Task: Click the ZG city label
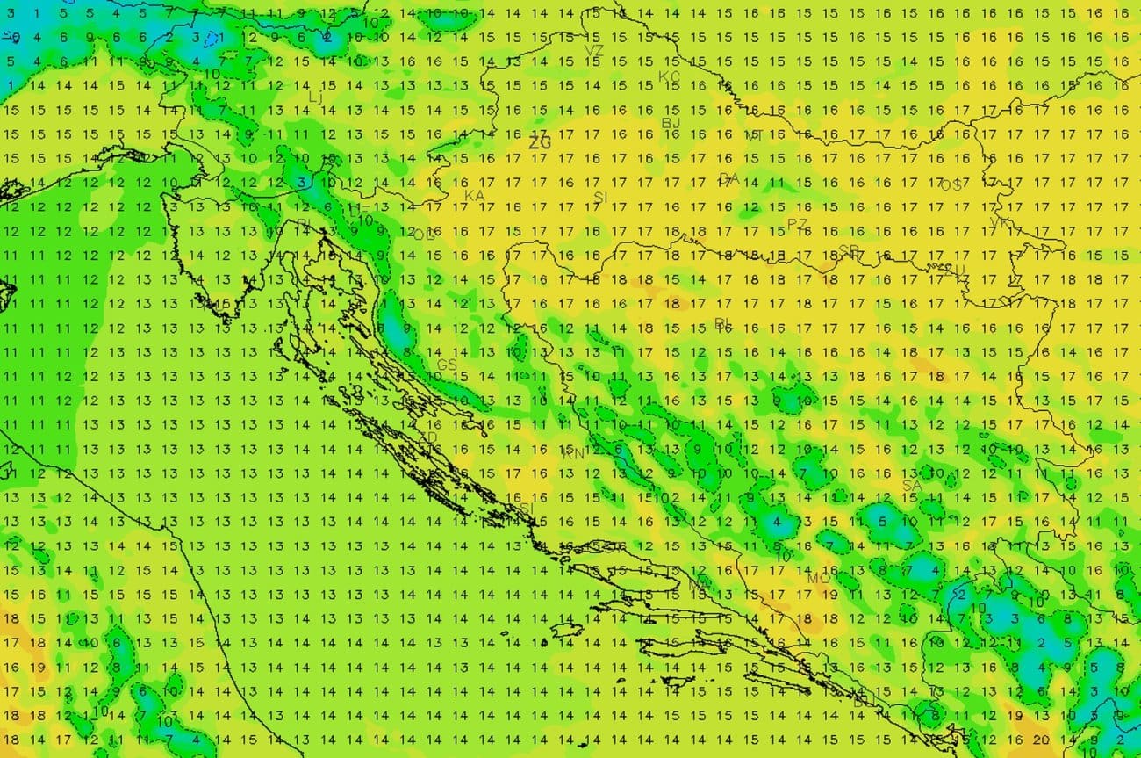pyautogui.click(x=540, y=141)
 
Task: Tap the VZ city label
pyautogui.click(x=594, y=51)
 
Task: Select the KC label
pyautogui.click(x=670, y=76)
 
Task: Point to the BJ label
pyautogui.click(x=671, y=123)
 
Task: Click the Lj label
pyautogui.click(x=315, y=97)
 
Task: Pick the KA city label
pyautogui.click(x=474, y=195)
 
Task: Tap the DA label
pyautogui.click(x=728, y=179)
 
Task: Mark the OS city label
pyautogui.click(x=951, y=185)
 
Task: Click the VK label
pyautogui.click(x=1000, y=223)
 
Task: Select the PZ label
pyautogui.click(x=797, y=224)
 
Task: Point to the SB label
pyautogui.click(x=849, y=250)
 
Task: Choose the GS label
pyautogui.click(x=447, y=364)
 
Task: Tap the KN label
pyautogui.click(x=573, y=454)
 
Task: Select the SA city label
pyautogui.click(x=913, y=485)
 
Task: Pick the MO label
pyautogui.click(x=818, y=578)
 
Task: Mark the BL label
pyautogui.click(x=722, y=323)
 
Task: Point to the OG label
pyautogui.click(x=424, y=235)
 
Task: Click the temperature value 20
pyautogui.click(x=1042, y=740)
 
